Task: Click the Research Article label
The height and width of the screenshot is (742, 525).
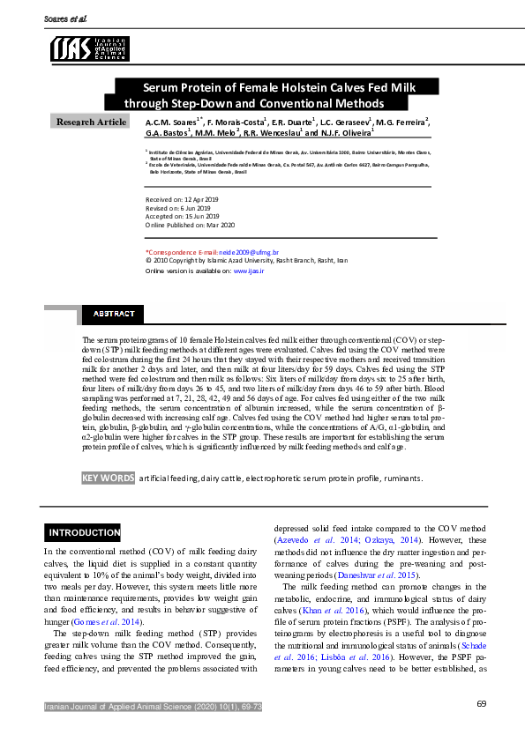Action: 92,122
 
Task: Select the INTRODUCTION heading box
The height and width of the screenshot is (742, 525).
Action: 84,533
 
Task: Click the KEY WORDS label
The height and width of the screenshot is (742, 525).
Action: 108,478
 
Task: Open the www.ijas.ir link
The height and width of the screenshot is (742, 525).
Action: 249,271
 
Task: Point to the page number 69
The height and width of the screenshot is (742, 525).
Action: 482,703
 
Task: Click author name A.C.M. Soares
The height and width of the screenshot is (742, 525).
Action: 174,121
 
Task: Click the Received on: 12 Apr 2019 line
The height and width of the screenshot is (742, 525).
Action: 182,200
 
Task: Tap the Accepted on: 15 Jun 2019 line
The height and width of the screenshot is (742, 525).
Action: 182,216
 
